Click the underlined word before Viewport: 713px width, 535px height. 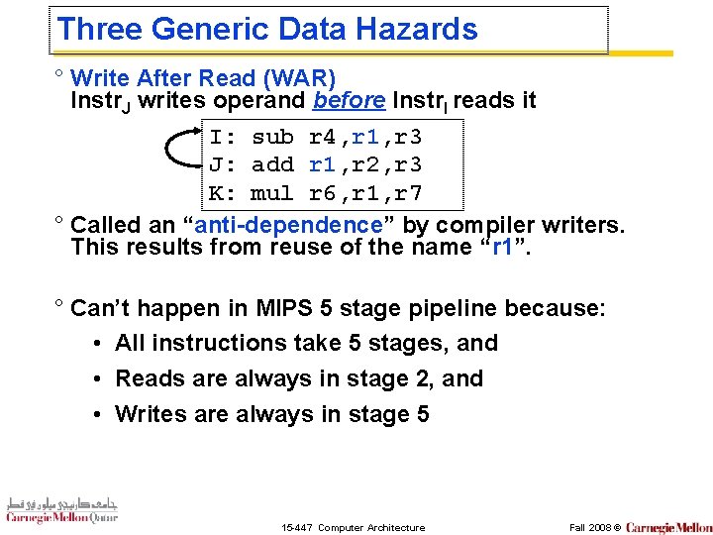point(350,100)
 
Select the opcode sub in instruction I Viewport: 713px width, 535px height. point(272,137)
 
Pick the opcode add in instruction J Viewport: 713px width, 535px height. point(272,164)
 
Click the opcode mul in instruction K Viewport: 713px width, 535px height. point(272,192)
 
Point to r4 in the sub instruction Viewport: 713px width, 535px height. point(323,137)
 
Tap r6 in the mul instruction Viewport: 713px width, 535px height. point(323,192)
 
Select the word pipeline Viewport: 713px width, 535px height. point(453,308)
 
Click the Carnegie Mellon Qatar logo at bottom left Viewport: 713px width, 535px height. point(61,509)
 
